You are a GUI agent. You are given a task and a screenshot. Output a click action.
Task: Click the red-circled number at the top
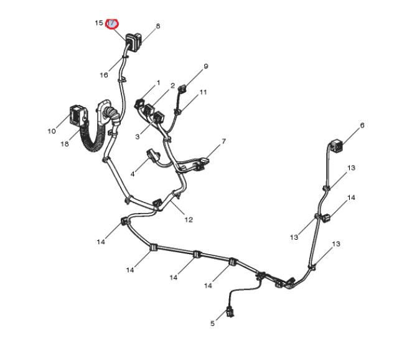point(112,24)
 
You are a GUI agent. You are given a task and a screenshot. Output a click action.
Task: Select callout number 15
point(98,23)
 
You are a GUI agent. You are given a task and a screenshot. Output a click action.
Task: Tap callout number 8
point(158,26)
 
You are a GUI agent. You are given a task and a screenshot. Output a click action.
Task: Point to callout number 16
point(104,75)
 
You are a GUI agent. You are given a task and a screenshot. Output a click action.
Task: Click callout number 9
point(205,67)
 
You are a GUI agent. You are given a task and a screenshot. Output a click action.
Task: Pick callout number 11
point(203,92)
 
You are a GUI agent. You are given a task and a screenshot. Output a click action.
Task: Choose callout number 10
point(52,131)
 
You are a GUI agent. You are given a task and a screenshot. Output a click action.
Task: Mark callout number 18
point(65,144)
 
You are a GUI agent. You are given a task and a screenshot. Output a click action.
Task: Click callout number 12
point(188,219)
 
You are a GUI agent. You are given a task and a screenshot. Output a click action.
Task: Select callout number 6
point(362,125)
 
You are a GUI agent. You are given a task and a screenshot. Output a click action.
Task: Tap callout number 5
point(212,323)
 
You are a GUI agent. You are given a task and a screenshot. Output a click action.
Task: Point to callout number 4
point(133,173)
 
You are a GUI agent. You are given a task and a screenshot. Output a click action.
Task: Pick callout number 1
point(158,82)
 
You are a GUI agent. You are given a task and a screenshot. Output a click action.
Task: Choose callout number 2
point(172,85)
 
